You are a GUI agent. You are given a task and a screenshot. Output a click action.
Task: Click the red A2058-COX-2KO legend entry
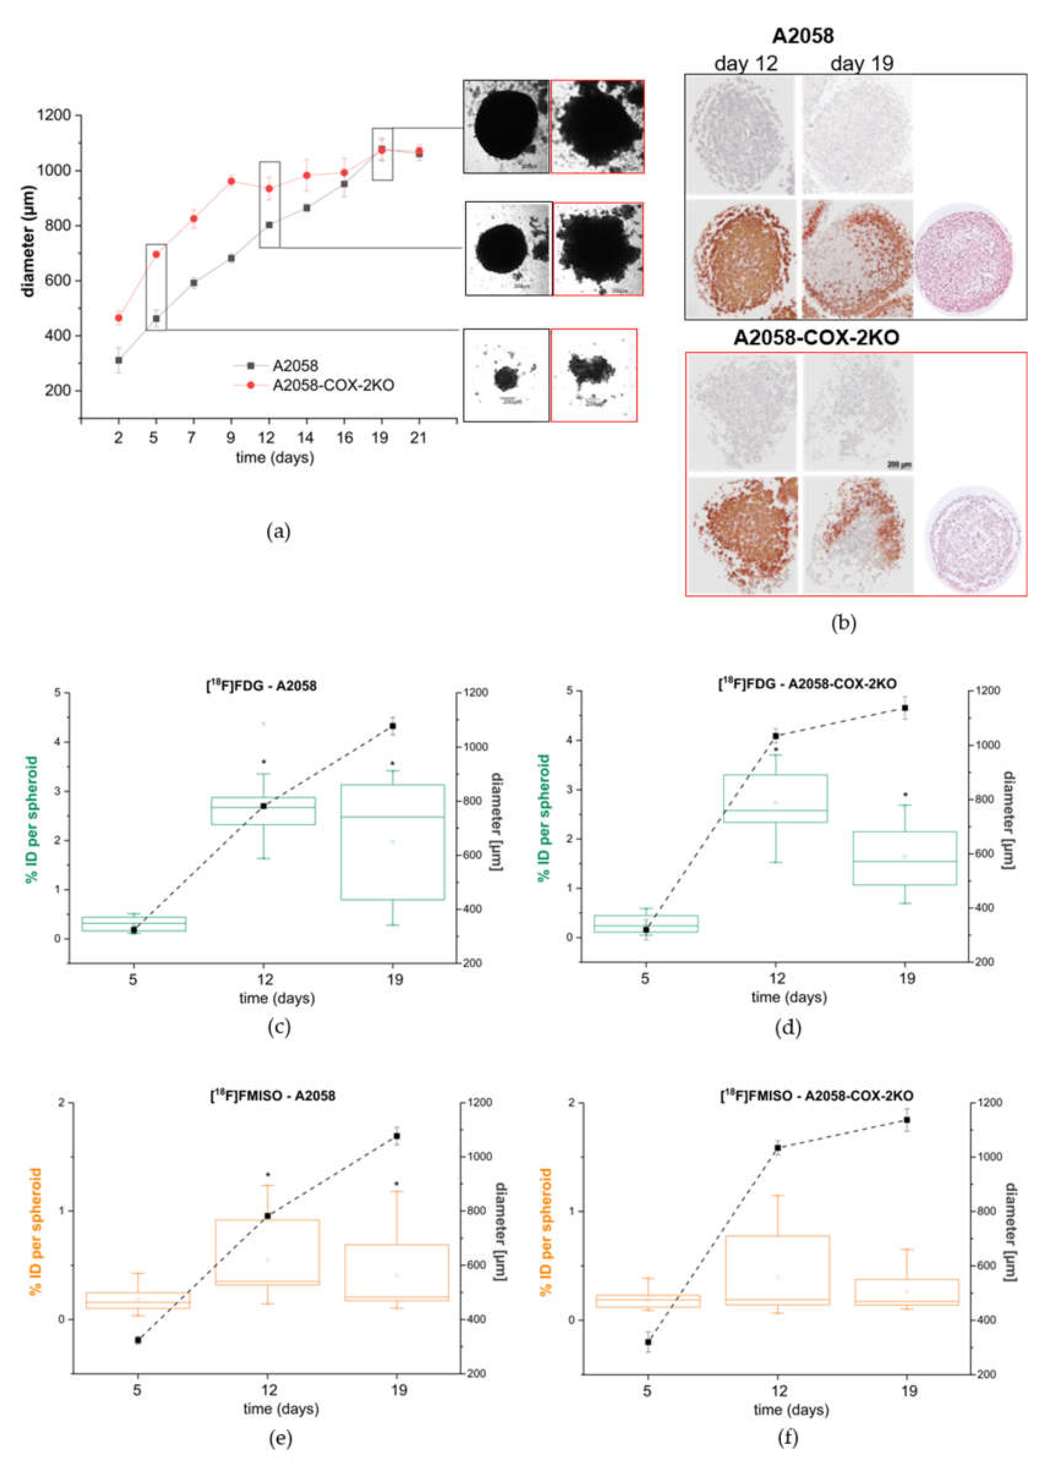[x=333, y=386]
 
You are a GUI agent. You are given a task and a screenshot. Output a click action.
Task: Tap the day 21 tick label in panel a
[x=418, y=438]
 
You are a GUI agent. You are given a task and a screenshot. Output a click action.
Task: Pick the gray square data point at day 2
[x=118, y=361]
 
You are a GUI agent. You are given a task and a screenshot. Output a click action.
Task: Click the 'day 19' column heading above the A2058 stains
[x=862, y=64]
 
